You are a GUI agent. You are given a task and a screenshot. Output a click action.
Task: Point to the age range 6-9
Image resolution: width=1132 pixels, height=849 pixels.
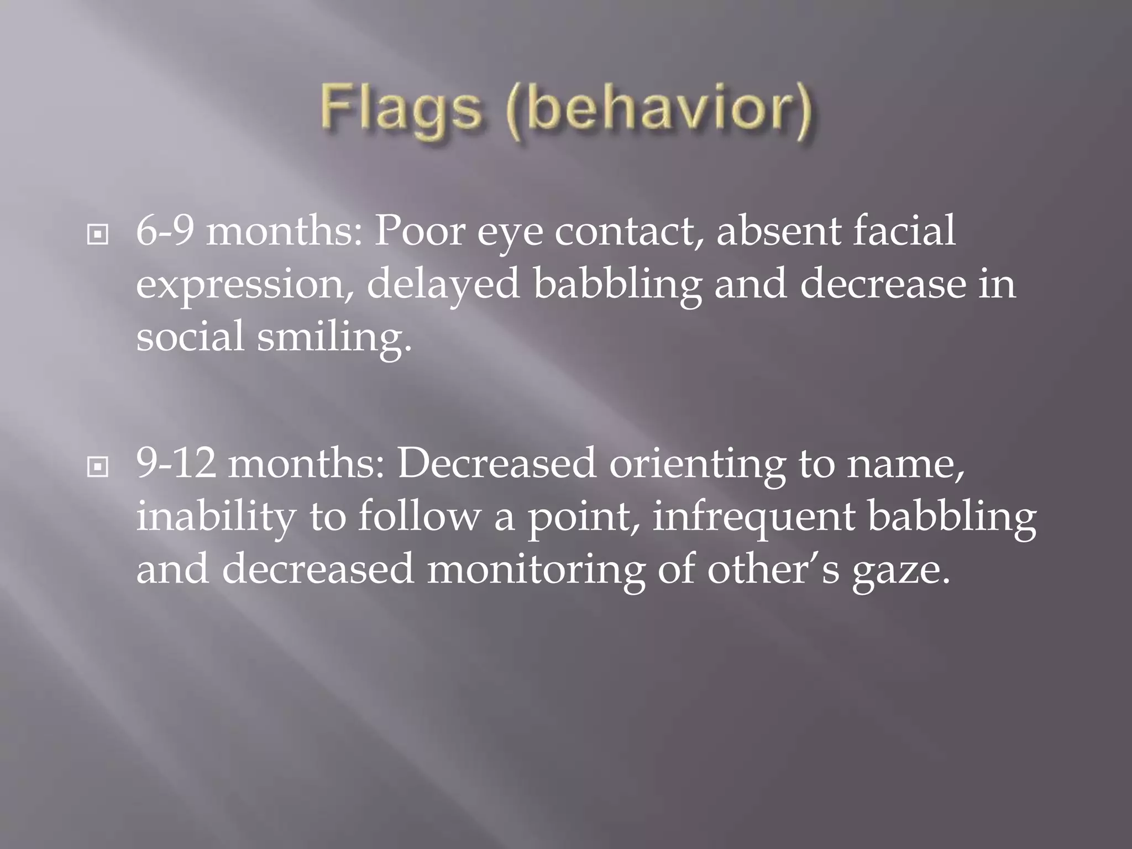tap(165, 231)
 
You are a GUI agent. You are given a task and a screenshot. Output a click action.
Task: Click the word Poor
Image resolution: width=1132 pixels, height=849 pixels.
tap(420, 231)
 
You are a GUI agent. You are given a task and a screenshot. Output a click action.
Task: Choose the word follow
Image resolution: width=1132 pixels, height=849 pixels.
tap(420, 516)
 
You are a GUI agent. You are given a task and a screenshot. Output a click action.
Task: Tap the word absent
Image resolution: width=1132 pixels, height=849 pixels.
tap(778, 231)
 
